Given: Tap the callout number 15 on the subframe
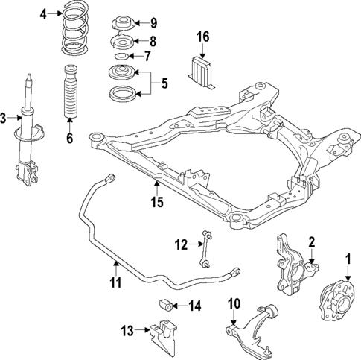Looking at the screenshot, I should pos(157,202).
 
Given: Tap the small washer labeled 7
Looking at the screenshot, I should pos(120,57).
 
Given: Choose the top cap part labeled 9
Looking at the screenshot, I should pos(120,22).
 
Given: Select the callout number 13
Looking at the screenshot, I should pos(127,329).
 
